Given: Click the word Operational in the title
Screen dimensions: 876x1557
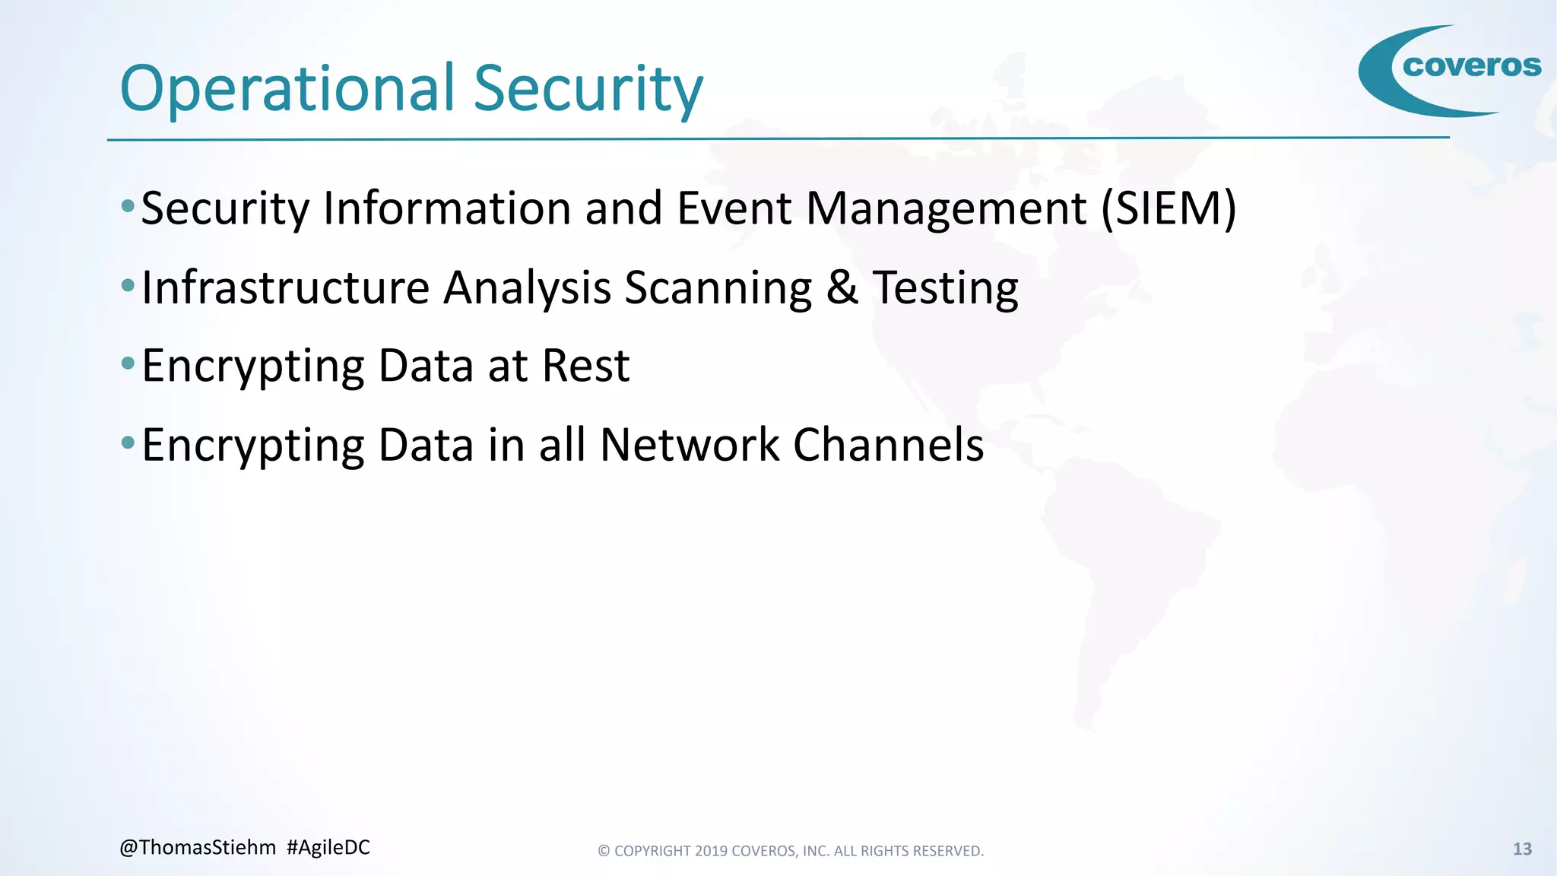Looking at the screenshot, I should tap(287, 89).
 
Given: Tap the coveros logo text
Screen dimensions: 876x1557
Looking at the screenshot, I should tap(1472, 66).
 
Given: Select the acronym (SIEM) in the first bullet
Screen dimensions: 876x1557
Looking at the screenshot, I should tap(1169, 208).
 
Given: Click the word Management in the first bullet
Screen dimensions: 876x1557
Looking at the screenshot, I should tap(946, 208).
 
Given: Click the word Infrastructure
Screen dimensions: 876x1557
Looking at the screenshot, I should tap(286, 288).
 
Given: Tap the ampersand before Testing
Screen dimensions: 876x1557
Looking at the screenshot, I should tap(842, 288).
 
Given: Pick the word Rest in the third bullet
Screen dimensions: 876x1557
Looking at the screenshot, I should tap(585, 366).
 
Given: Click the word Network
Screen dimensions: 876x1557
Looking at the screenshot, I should tap(690, 445).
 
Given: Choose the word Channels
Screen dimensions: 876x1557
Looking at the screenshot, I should tap(889, 445).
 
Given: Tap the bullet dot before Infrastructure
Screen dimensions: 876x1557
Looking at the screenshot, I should tap(128, 286).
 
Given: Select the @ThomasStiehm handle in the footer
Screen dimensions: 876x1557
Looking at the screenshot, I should tap(198, 848).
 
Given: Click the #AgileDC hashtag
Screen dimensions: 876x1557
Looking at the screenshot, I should tap(328, 848).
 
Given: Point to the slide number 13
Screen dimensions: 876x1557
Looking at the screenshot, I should tap(1522, 849).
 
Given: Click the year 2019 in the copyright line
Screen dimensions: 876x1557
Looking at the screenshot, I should tap(711, 851).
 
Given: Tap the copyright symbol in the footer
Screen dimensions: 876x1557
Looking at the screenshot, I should tap(604, 851).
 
